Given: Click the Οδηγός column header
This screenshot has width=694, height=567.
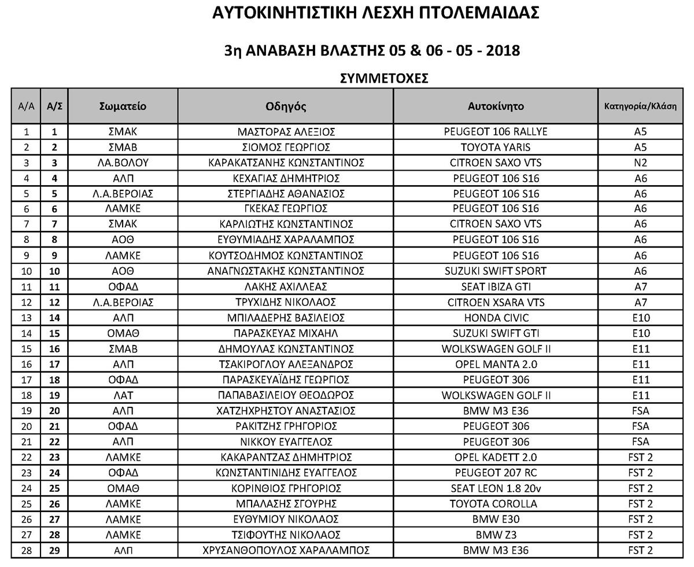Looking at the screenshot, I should (286, 106).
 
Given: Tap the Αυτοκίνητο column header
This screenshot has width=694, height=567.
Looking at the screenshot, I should (496, 106).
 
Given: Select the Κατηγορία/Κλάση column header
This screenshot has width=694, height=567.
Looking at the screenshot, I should (640, 106).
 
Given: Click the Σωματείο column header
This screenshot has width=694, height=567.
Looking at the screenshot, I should (123, 106).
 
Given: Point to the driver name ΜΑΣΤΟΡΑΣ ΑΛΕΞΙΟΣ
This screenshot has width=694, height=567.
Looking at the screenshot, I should (286, 132).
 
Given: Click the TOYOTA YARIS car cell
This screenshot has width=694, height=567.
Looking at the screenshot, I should (496, 147).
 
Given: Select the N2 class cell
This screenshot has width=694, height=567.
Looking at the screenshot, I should (640, 163).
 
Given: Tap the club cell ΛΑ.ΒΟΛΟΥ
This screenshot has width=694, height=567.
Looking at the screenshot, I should (123, 163).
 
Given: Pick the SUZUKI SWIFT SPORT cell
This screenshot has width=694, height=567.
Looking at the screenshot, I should (496, 271).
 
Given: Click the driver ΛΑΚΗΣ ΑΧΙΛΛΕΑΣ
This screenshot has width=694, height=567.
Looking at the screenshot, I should (286, 286).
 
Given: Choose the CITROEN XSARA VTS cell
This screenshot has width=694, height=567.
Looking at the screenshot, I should (496, 302).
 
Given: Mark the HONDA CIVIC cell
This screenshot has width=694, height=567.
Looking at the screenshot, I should (496, 318).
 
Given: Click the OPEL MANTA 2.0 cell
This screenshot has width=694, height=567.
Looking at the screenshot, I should (496, 365).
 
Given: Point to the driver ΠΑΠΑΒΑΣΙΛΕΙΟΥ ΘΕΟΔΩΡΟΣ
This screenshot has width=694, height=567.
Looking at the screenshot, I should (286, 395).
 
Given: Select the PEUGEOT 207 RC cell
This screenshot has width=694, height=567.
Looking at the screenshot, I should (496, 473).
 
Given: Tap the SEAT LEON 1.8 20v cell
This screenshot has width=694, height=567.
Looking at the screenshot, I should (496, 488).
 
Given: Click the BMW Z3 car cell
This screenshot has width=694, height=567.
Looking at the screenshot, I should (496, 535).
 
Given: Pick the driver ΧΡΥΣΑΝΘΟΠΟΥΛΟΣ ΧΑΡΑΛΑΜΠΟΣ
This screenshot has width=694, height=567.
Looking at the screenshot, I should (286, 550).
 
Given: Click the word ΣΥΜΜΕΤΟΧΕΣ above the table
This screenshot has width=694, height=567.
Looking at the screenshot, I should (384, 78).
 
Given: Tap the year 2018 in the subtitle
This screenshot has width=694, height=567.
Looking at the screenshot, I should (503, 50).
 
